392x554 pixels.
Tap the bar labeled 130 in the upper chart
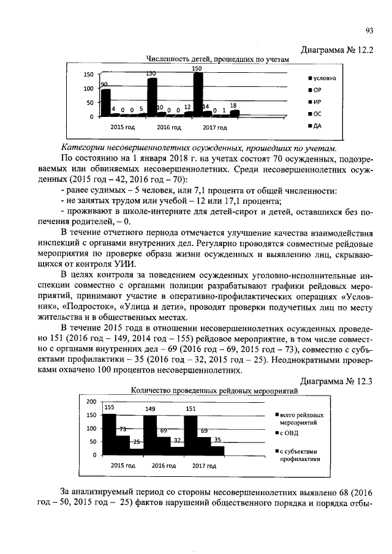[x=152, y=97]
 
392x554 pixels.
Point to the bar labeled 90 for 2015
[x=105, y=102]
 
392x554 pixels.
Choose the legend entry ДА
[x=317, y=126]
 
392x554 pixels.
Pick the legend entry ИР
[x=317, y=102]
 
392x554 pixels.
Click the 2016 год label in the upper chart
[x=168, y=128]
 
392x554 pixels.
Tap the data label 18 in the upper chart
[x=233, y=106]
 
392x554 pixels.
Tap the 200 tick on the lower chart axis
[x=91, y=402]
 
